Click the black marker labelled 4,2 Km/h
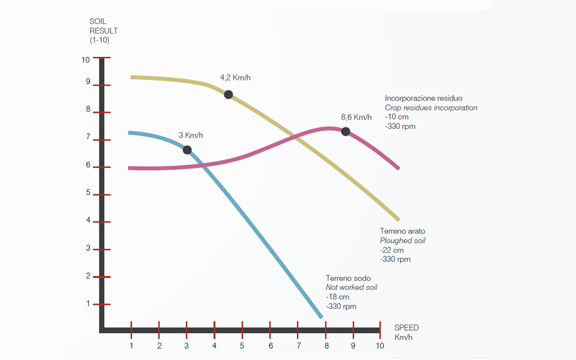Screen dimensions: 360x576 229,94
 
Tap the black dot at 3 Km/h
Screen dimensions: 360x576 187,149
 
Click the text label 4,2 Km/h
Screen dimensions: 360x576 235,78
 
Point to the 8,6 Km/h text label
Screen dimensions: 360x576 356,117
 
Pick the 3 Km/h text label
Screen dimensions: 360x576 191,135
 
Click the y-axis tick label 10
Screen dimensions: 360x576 86,59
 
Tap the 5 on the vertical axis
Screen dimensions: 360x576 88,193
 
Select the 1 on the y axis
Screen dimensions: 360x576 88,304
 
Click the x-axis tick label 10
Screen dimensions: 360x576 380,346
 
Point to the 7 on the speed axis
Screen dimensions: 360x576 298,346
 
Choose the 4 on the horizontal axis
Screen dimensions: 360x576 214,346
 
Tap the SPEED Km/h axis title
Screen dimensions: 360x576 406,332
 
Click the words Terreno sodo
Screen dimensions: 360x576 348,278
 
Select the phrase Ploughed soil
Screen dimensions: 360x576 403,241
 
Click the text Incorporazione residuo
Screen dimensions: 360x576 424,98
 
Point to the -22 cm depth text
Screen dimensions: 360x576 392,250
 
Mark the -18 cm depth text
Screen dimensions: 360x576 338,297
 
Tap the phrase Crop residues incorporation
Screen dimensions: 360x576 431,107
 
